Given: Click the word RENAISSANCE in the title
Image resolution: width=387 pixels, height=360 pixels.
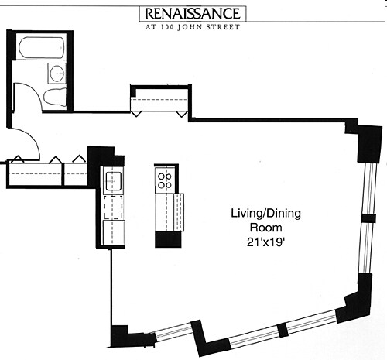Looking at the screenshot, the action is pyautogui.click(x=193, y=14).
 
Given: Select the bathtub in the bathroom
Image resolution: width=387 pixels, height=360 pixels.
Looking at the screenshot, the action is pyautogui.click(x=41, y=48).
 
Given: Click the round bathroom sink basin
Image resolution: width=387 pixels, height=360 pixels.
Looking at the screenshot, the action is pyautogui.click(x=57, y=74).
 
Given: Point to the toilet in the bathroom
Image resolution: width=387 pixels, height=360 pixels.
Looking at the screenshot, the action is pyautogui.click(x=55, y=98).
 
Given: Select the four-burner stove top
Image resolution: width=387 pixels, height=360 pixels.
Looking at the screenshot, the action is pyautogui.click(x=165, y=180).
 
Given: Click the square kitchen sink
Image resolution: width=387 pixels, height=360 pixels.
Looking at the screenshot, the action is pyautogui.click(x=113, y=180).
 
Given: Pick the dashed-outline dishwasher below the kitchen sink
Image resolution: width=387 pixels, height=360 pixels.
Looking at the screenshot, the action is pyautogui.click(x=113, y=207).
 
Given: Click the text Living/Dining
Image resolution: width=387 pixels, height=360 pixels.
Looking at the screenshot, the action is pyautogui.click(x=265, y=214).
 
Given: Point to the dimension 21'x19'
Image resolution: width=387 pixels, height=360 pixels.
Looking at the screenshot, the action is pyautogui.click(x=265, y=242).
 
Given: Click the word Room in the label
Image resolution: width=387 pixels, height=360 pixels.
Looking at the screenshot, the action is pyautogui.click(x=265, y=228).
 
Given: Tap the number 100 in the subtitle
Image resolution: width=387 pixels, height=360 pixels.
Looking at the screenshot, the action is pyautogui.click(x=167, y=27).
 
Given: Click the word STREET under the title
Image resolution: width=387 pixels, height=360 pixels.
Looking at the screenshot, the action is pyautogui.click(x=223, y=27).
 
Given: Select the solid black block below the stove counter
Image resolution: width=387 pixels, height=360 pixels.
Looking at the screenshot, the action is pyautogui.click(x=168, y=239).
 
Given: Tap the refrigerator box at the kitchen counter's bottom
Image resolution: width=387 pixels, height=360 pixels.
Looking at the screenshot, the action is pyautogui.click(x=114, y=232).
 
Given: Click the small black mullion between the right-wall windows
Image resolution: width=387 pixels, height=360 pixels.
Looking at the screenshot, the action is pyautogui.click(x=368, y=218).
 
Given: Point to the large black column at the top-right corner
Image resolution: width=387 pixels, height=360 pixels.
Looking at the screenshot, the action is pyautogui.click(x=369, y=143).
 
